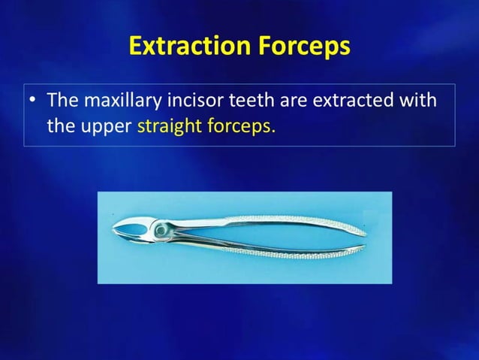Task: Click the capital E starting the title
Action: pos(136,46)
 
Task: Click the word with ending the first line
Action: pos(419,100)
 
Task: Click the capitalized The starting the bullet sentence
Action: pos(62,100)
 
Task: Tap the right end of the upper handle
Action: pos(363,229)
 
